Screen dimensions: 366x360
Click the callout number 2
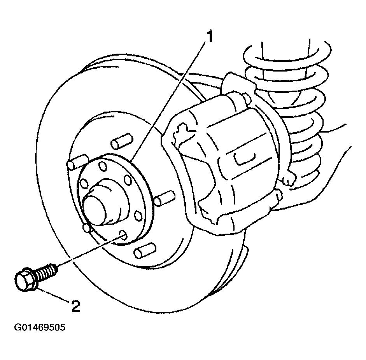coord(75,306)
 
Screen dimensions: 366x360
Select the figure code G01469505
coord(40,327)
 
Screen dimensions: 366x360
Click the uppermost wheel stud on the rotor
coord(122,141)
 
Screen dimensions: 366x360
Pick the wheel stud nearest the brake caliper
coord(165,198)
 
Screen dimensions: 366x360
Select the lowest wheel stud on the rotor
coord(145,250)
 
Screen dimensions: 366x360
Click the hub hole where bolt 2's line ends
coord(123,234)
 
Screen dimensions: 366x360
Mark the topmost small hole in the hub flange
coord(102,166)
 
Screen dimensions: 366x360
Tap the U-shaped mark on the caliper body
coord(244,159)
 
